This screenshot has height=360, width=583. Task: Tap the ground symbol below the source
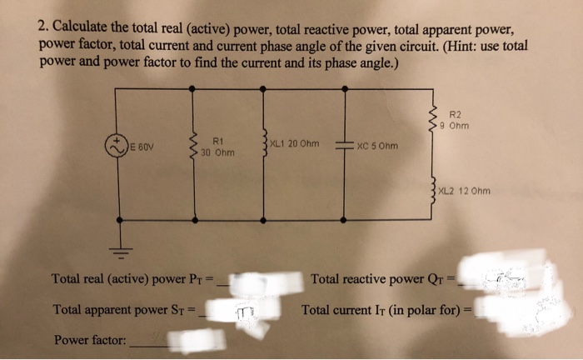[x=122, y=247]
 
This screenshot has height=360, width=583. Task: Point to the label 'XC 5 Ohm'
[x=376, y=146]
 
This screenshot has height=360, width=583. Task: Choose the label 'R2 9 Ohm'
[x=459, y=121]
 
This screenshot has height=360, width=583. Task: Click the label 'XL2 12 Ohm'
[x=464, y=191]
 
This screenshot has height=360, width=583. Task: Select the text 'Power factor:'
[x=89, y=339]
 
